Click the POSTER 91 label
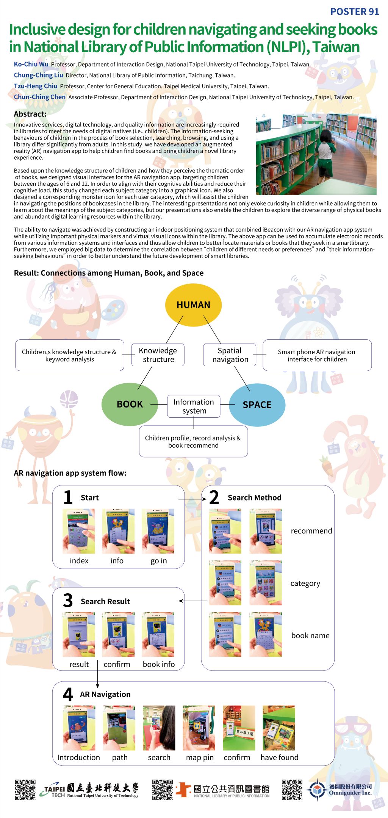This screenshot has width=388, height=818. click(x=354, y=12)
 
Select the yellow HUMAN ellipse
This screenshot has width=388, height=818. click(x=193, y=305)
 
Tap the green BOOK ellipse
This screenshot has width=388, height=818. click(x=130, y=404)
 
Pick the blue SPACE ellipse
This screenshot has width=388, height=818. click(x=257, y=405)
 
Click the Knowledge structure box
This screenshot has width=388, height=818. click(x=158, y=355)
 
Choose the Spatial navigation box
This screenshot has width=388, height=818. click(x=230, y=355)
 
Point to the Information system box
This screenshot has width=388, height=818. click(x=194, y=406)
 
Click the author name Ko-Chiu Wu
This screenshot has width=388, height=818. click(x=31, y=64)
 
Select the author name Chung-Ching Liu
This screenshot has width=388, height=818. click(x=39, y=75)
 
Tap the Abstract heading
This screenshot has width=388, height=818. click(x=30, y=114)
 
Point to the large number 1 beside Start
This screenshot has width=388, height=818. click(x=68, y=497)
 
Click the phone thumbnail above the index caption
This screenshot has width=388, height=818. click(x=79, y=531)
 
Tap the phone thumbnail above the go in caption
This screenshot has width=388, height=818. click(x=158, y=531)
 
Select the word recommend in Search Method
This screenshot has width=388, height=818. click(x=311, y=531)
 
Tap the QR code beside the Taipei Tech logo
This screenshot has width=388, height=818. click(x=25, y=790)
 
